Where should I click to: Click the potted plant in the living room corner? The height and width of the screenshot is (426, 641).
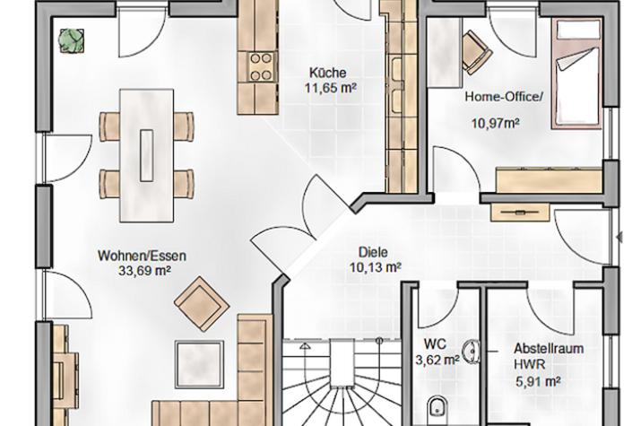[x=72, y=40]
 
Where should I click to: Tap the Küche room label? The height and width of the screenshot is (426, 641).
[x=327, y=73]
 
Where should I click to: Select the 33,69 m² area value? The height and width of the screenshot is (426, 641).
[x=144, y=270]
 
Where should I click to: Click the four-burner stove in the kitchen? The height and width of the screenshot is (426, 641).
[x=262, y=67]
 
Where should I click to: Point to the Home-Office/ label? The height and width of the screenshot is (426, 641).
[x=504, y=97]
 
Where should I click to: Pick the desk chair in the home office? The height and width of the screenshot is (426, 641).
[x=476, y=52]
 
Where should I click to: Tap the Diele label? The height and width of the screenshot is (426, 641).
[x=373, y=252]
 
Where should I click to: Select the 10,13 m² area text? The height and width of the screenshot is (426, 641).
[x=376, y=267]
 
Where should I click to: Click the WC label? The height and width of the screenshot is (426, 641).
[x=435, y=343]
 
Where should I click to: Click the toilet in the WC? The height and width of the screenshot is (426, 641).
[x=438, y=408]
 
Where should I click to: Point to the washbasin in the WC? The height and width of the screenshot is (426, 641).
[x=472, y=352]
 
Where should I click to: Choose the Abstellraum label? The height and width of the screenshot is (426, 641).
[x=548, y=349]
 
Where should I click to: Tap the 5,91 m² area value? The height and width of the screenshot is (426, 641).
[x=538, y=381]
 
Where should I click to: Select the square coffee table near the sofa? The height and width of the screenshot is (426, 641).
[x=200, y=364]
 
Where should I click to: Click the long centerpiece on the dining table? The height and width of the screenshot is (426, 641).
[x=146, y=155]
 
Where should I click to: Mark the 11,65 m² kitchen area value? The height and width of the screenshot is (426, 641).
[x=331, y=88]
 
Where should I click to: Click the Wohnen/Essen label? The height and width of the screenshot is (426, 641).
[x=142, y=256]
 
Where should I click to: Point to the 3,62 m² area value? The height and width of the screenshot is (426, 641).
[x=437, y=361]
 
